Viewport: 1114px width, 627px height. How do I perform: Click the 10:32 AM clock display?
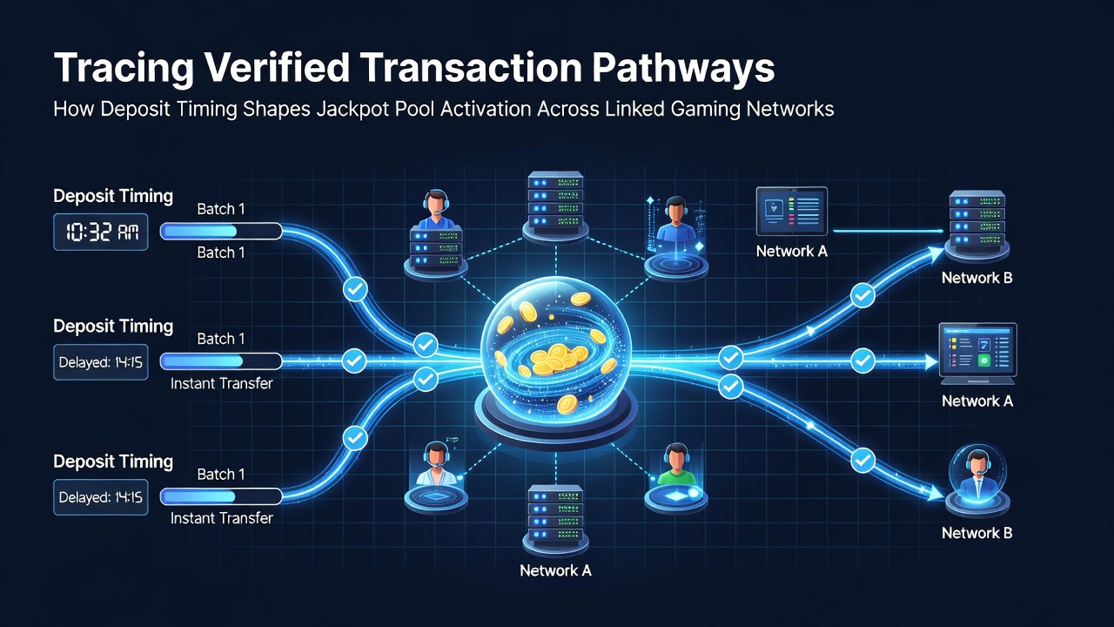pyautogui.click(x=100, y=232)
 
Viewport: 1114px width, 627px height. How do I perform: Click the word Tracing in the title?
pyautogui.click(x=124, y=68)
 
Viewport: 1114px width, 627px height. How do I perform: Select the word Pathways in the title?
pyautogui.click(x=683, y=68)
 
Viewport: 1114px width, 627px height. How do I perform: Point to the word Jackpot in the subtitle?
pyautogui.click(x=352, y=109)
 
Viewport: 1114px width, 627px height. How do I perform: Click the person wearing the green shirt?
pyautogui.click(x=676, y=465)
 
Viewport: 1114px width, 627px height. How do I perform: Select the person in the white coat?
pyautogui.click(x=436, y=464)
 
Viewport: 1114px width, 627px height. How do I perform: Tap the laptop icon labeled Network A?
pyautogui.click(x=977, y=354)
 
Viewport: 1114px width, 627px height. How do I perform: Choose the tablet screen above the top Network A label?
pyautogui.click(x=792, y=211)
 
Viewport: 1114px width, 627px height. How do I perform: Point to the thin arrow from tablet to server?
pyautogui.click(x=889, y=231)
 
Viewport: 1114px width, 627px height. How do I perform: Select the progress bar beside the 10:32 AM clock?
pyautogui.click(x=221, y=232)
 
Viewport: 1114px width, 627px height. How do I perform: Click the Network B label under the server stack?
pyautogui.click(x=977, y=278)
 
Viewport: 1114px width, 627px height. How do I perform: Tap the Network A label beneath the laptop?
pyautogui.click(x=977, y=401)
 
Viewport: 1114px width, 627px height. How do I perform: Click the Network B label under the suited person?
pyautogui.click(x=977, y=533)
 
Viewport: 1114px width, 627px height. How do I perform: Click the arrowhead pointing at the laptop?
pyautogui.click(x=931, y=361)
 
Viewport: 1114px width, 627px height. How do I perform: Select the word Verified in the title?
pyautogui.click(x=278, y=68)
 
